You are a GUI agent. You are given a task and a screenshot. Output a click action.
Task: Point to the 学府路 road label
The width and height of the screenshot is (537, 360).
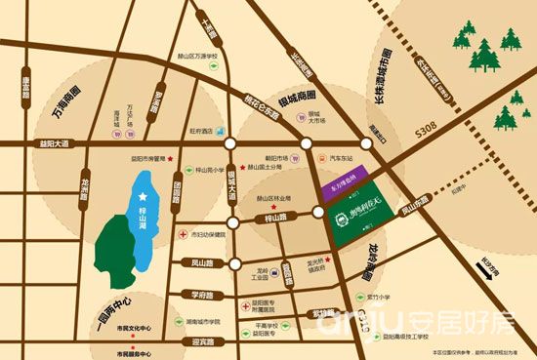201,294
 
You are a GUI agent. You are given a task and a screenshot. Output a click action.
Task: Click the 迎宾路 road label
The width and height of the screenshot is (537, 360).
203,341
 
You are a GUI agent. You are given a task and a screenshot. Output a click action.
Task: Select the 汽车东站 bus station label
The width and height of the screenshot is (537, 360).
341,157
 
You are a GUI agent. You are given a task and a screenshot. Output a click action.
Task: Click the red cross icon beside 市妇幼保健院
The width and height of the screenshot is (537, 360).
183,235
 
